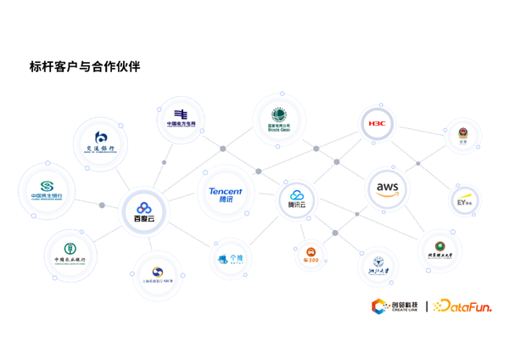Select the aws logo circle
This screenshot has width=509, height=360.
pyautogui.click(x=387, y=188)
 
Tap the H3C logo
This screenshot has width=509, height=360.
pyautogui.click(x=376, y=124)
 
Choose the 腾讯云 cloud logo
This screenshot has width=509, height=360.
pyautogui.click(x=297, y=200)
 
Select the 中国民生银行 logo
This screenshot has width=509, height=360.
pyautogui.click(x=47, y=190)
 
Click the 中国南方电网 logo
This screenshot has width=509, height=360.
pyautogui.click(x=181, y=118)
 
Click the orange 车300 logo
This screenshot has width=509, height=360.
pyautogui.click(x=310, y=255)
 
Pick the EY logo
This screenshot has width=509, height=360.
pyautogui.click(x=464, y=200)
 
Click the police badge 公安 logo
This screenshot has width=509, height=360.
pyautogui.click(x=462, y=137)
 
